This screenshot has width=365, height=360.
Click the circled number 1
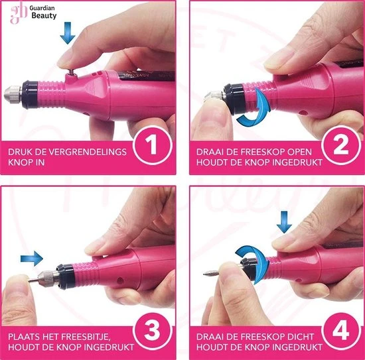153,146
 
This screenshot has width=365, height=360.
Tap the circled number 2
341,146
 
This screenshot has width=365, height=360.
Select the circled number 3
153,330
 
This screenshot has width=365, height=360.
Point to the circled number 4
341,330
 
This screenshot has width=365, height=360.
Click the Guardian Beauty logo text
43,12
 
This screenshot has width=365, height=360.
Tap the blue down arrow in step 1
68,33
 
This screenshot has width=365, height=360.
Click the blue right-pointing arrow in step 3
32,259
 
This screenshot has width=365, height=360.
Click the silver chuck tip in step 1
13,95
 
